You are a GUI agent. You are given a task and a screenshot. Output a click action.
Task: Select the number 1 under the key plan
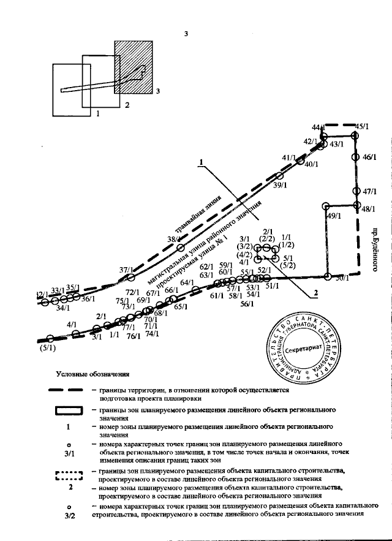[x=97, y=113]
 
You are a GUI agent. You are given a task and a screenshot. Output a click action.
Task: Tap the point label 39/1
[x=281, y=185]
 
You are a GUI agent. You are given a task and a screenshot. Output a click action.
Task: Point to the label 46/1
[x=369, y=157]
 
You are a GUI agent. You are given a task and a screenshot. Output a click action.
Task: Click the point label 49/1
[x=334, y=216]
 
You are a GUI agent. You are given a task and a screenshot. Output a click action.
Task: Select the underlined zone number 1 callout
[x=200, y=163]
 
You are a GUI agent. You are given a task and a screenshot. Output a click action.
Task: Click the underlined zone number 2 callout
[x=316, y=293]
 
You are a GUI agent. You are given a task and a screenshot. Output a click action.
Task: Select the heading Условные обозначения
[x=92, y=373]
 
